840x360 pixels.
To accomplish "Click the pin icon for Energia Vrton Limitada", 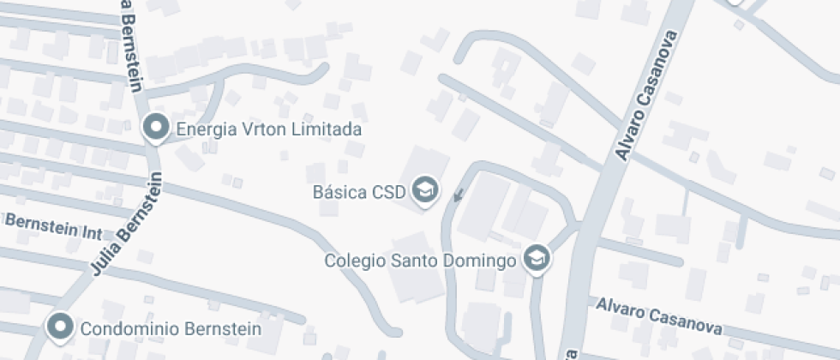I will pyautogui.click(x=156, y=128).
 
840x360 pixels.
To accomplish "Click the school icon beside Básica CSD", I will pyautogui.click(x=424, y=189).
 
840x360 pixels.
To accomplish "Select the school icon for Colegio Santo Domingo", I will pyautogui.click(x=537, y=257).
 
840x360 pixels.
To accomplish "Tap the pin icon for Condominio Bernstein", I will pyautogui.click(x=59, y=327).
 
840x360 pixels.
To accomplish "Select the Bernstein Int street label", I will pyautogui.click(x=53, y=225).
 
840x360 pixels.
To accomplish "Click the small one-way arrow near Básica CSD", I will pyautogui.click(x=459, y=195).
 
